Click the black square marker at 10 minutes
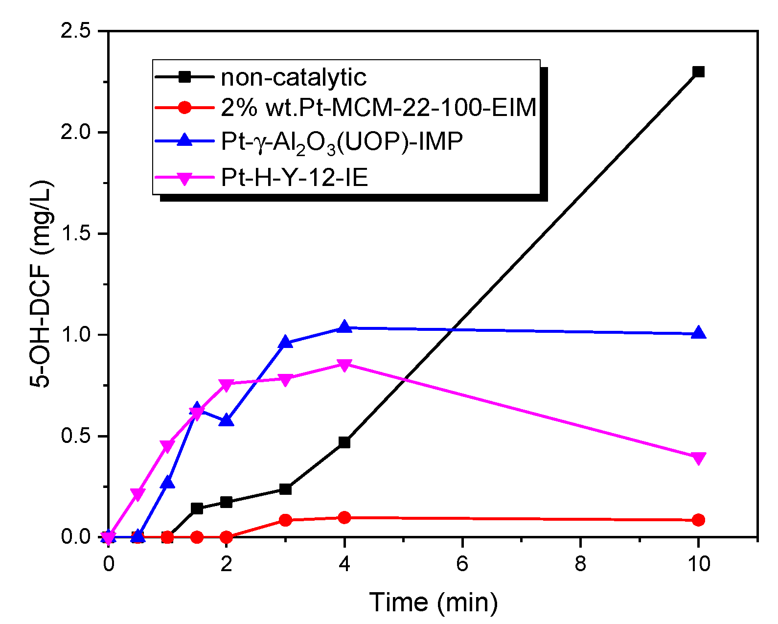[x=699, y=72]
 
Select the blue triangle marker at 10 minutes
[x=699, y=333]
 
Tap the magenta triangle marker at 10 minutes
[x=699, y=458]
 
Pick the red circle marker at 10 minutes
[x=699, y=520]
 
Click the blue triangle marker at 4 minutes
[x=344, y=327]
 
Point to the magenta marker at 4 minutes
[x=344, y=365]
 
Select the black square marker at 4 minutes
[x=344, y=442]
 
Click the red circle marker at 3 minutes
[x=285, y=520]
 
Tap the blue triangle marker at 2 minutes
[x=226, y=420]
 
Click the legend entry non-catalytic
[x=294, y=77]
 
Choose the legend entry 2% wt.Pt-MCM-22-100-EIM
[x=378, y=108]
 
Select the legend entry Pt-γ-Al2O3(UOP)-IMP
[x=342, y=142]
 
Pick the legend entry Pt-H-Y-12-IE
[x=294, y=177]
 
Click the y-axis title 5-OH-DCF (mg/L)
[x=41, y=284]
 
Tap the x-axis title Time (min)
[x=433, y=602]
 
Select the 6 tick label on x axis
[x=462, y=564]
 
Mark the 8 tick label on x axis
[x=580, y=564]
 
